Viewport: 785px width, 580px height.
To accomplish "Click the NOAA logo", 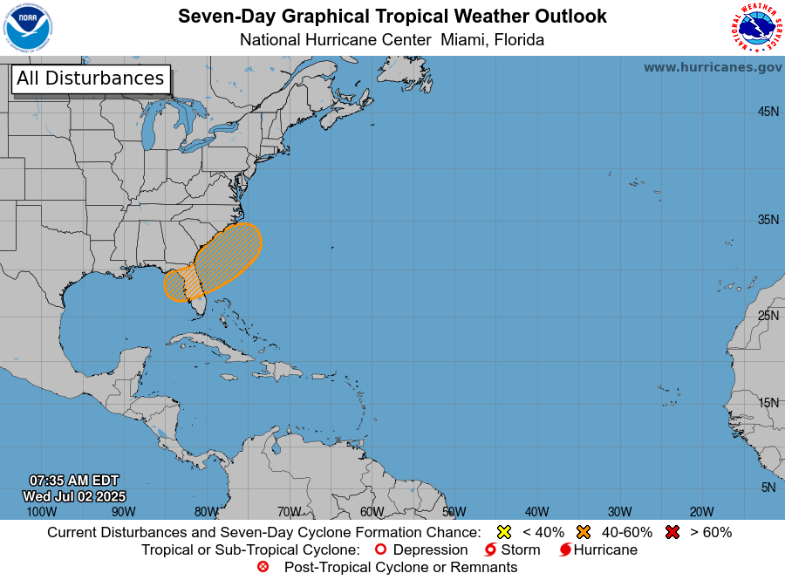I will pyautogui.click(x=28, y=28).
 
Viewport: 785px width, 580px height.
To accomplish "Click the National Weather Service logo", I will pyautogui.click(x=754, y=28).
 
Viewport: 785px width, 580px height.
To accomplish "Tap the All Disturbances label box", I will pyautogui.click(x=90, y=78).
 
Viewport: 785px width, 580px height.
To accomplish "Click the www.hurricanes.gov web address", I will pyautogui.click(x=713, y=67).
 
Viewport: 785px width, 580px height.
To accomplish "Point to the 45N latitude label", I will pyautogui.click(x=768, y=112).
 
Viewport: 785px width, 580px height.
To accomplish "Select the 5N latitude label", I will pyautogui.click(x=768, y=488).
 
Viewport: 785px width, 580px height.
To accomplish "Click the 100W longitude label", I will pyautogui.click(x=41, y=512).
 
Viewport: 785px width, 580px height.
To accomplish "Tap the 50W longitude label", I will pyautogui.click(x=454, y=512).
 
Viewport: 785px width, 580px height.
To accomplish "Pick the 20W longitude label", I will pyautogui.click(x=701, y=512).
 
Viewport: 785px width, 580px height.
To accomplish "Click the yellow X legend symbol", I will pyautogui.click(x=503, y=532).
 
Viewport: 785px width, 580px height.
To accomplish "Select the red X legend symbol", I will pyautogui.click(x=672, y=532).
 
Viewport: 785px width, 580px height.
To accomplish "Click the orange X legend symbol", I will pyautogui.click(x=584, y=532).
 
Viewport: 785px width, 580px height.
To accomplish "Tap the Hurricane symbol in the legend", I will pyautogui.click(x=565, y=550).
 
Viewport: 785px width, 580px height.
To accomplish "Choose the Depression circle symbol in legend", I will pyautogui.click(x=380, y=550).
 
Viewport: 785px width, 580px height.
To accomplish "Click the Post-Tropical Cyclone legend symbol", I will pyautogui.click(x=263, y=568).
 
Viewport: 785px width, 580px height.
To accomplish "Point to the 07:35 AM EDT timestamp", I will pyautogui.click(x=74, y=481).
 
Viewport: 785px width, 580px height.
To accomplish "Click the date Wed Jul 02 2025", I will pyautogui.click(x=74, y=496).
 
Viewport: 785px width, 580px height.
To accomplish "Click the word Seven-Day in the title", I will pyautogui.click(x=217, y=17).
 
